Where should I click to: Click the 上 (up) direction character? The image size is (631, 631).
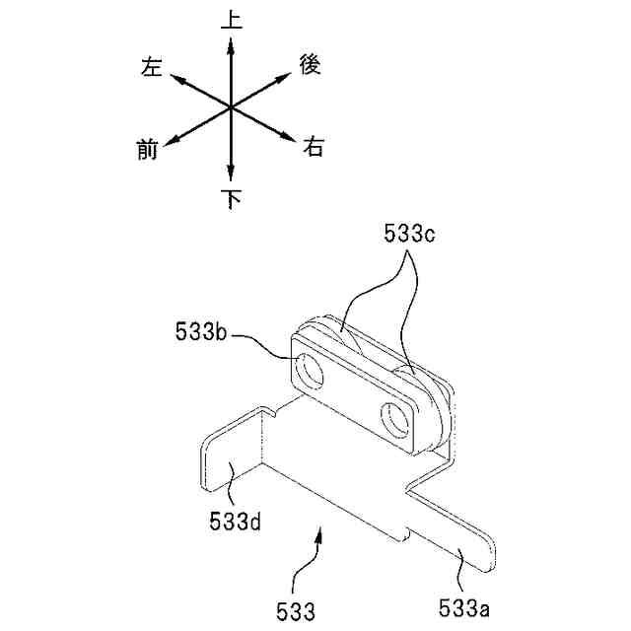232,20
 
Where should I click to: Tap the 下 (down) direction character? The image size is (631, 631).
232,199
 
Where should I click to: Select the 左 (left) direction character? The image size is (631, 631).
152,67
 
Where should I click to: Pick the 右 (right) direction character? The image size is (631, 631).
314,146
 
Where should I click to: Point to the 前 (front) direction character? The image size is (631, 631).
147,149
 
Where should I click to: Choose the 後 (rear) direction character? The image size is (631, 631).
310,64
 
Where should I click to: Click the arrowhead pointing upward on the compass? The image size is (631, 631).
231,45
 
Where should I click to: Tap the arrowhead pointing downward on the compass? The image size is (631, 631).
231,173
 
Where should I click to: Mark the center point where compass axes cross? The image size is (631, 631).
231,107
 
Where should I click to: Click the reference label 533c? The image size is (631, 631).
409,234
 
